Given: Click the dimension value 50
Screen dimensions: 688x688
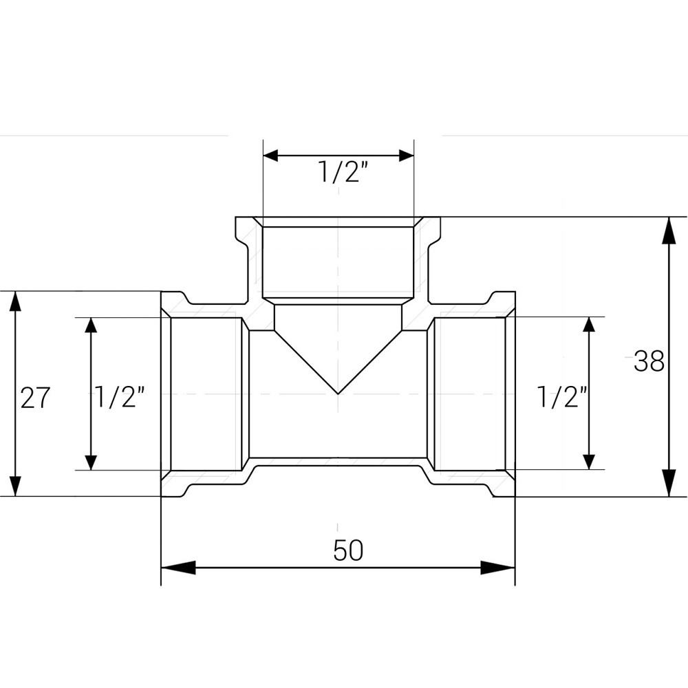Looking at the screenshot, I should click(347, 550).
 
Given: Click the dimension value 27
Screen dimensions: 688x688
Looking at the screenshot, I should click(35, 398).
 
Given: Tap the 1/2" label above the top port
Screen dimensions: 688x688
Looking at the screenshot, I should click(339, 173).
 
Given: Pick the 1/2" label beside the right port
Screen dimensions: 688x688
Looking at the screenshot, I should click(561, 397).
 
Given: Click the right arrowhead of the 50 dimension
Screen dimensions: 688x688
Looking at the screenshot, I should click(498, 568).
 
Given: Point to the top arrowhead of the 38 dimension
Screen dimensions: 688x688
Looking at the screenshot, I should click(668, 231).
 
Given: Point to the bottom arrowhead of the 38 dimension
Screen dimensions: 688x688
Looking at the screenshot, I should click(668, 482).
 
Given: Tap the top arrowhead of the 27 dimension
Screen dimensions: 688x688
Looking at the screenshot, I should click(13, 305).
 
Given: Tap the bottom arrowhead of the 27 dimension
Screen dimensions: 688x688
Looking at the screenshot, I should click(13, 482).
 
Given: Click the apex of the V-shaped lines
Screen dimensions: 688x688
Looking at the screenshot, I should click(338, 394).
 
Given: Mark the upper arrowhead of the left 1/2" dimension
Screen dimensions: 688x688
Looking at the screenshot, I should click(90, 330).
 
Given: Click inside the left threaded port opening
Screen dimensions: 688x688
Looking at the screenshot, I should click(205, 394).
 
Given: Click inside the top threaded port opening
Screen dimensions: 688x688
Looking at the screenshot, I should click(338, 261).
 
